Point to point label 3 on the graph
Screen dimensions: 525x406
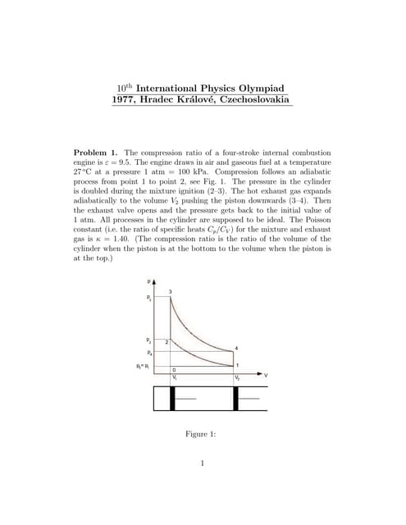tap(171, 293)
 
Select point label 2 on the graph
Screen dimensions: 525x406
tap(167, 340)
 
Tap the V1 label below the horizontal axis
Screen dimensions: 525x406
tap(173, 377)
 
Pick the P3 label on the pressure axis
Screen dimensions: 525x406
tap(148, 299)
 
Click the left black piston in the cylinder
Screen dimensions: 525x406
tap(172, 399)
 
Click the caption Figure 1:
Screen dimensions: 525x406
tap(202, 434)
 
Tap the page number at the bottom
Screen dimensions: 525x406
tap(202, 463)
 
